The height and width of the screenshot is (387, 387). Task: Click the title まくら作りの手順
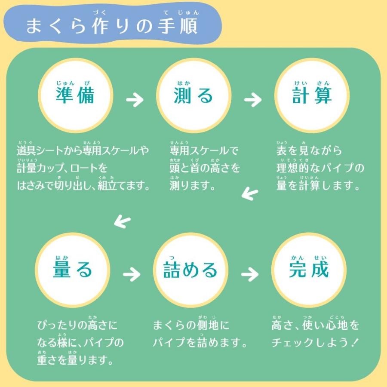tap(112, 26)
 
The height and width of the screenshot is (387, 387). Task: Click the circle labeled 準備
tap(75, 95)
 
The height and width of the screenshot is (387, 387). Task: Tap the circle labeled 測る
tap(193, 95)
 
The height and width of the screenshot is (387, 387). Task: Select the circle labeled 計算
tap(312, 95)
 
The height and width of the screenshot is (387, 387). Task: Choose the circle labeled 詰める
tap(191, 270)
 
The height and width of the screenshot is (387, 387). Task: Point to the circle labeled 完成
tap(309, 270)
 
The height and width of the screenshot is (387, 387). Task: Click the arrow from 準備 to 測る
tap(135, 101)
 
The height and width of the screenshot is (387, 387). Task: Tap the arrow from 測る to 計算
tap(253, 101)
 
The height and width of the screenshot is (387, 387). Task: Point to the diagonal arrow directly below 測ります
tap(250, 194)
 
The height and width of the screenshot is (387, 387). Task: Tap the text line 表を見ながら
tap(309, 150)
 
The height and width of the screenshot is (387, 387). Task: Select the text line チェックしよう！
tap(315, 343)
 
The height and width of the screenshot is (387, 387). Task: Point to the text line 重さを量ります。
tap(75, 360)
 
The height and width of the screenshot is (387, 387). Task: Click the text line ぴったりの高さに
tap(77, 325)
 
